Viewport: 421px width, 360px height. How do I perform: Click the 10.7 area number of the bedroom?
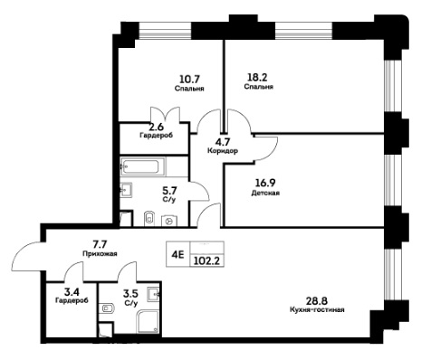click(189, 80)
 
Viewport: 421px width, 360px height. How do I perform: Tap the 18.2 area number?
click(257, 78)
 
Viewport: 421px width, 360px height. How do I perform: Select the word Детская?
click(265, 193)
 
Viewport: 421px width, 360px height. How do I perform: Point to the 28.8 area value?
click(317, 300)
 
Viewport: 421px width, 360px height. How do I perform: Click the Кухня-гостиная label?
click(317, 309)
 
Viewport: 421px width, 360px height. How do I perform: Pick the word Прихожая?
click(100, 254)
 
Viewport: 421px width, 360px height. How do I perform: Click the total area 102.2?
click(206, 261)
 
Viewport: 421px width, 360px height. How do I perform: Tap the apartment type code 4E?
click(177, 255)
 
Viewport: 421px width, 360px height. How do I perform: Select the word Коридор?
click(223, 150)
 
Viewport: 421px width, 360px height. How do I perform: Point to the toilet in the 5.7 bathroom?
click(149, 218)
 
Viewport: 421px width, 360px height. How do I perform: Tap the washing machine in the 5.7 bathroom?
click(169, 221)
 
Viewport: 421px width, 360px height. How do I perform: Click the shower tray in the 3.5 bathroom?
click(148, 322)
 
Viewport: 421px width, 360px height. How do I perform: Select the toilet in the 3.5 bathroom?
click(105, 308)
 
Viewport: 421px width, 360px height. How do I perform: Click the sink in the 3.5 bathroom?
click(154, 294)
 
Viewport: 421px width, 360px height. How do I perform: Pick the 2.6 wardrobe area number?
click(156, 127)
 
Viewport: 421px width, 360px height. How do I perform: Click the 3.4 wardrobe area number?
click(72, 292)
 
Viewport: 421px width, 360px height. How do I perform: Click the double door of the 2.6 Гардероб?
click(166, 115)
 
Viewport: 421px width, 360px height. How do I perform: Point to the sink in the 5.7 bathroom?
click(126, 190)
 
